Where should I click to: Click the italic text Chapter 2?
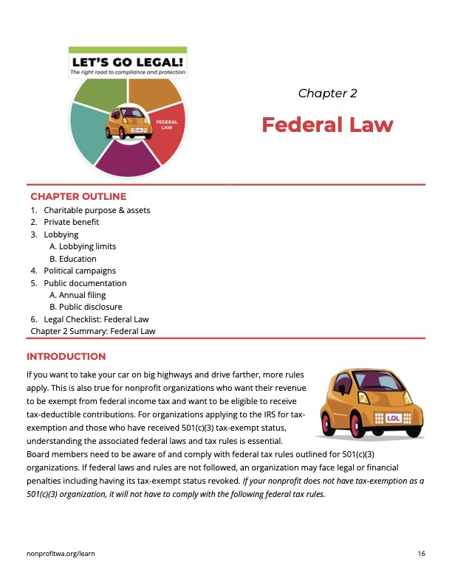point(327,93)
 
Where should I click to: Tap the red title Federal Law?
point(327,125)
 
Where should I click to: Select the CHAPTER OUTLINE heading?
point(78,196)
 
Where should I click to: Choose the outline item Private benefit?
point(71,222)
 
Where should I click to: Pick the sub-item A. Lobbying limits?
point(83,246)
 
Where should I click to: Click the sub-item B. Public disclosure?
point(86,307)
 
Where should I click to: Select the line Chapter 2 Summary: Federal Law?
point(93,331)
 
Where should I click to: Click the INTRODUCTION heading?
point(66,356)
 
